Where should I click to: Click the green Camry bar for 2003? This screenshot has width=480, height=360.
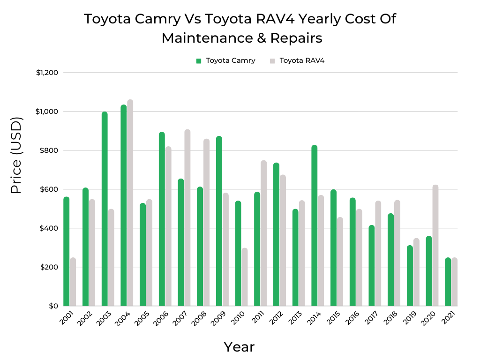click(105, 209)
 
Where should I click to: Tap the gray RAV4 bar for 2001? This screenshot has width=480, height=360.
click(73, 282)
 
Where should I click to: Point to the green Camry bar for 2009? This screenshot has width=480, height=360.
click(219, 221)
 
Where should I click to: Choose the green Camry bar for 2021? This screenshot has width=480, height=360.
click(448, 282)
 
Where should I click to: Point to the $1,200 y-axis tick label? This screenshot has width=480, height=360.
click(47, 73)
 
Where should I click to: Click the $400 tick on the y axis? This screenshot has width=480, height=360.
click(49, 228)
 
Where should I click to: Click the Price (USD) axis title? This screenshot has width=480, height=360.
click(16, 155)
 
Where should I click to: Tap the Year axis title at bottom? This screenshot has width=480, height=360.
click(239, 347)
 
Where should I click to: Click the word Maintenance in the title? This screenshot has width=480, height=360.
click(207, 38)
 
